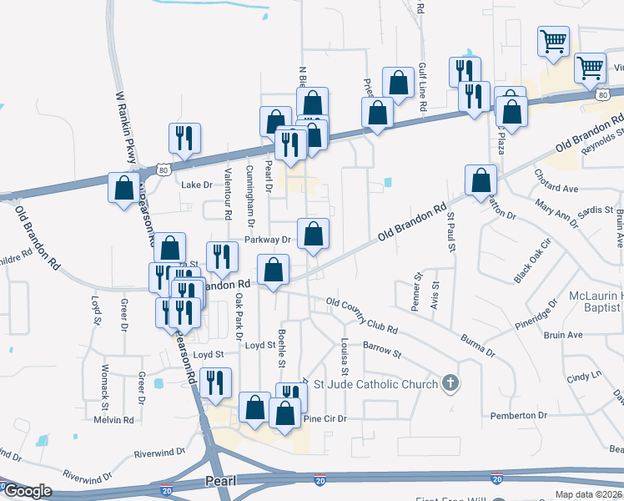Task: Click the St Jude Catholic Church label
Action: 375,384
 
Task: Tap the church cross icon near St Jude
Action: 450,383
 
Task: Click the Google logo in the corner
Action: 27,492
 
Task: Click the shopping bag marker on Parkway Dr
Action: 313,235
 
